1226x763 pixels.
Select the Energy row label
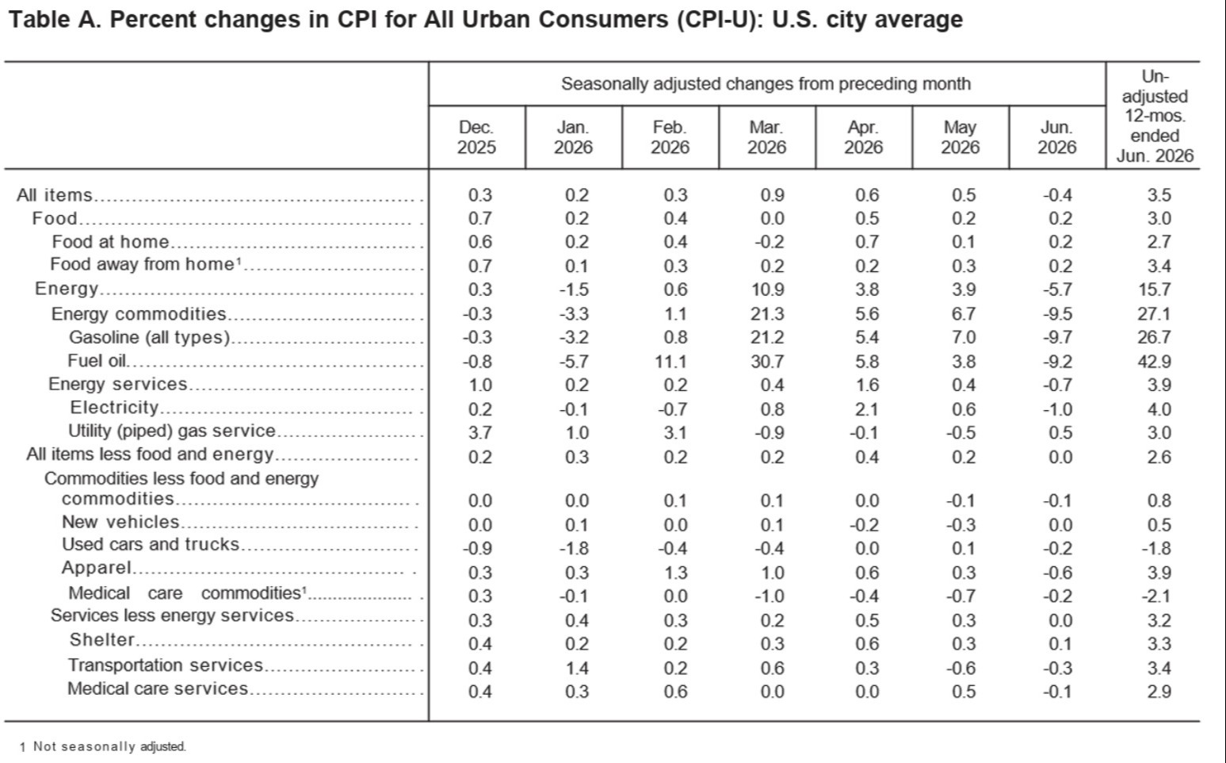(67, 289)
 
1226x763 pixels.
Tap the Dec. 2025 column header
(476, 137)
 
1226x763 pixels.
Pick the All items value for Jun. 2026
(1057, 195)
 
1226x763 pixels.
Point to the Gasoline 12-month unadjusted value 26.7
(1154, 337)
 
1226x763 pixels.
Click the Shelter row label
(101, 639)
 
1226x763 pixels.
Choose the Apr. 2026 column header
(863, 137)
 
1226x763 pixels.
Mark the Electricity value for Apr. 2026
(867, 409)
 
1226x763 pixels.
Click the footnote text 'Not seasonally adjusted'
(109, 746)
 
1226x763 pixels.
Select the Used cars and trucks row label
(151, 544)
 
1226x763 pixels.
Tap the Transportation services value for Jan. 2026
(577, 669)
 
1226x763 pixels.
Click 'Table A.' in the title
(55, 20)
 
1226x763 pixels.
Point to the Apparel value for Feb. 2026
(675, 573)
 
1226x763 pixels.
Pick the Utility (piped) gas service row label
(172, 431)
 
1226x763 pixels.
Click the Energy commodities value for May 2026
(964, 314)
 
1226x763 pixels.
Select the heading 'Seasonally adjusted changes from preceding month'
(766, 84)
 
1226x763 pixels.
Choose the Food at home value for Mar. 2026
(769, 242)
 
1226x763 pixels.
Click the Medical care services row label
(158, 688)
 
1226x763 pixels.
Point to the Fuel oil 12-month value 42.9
(1154, 362)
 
